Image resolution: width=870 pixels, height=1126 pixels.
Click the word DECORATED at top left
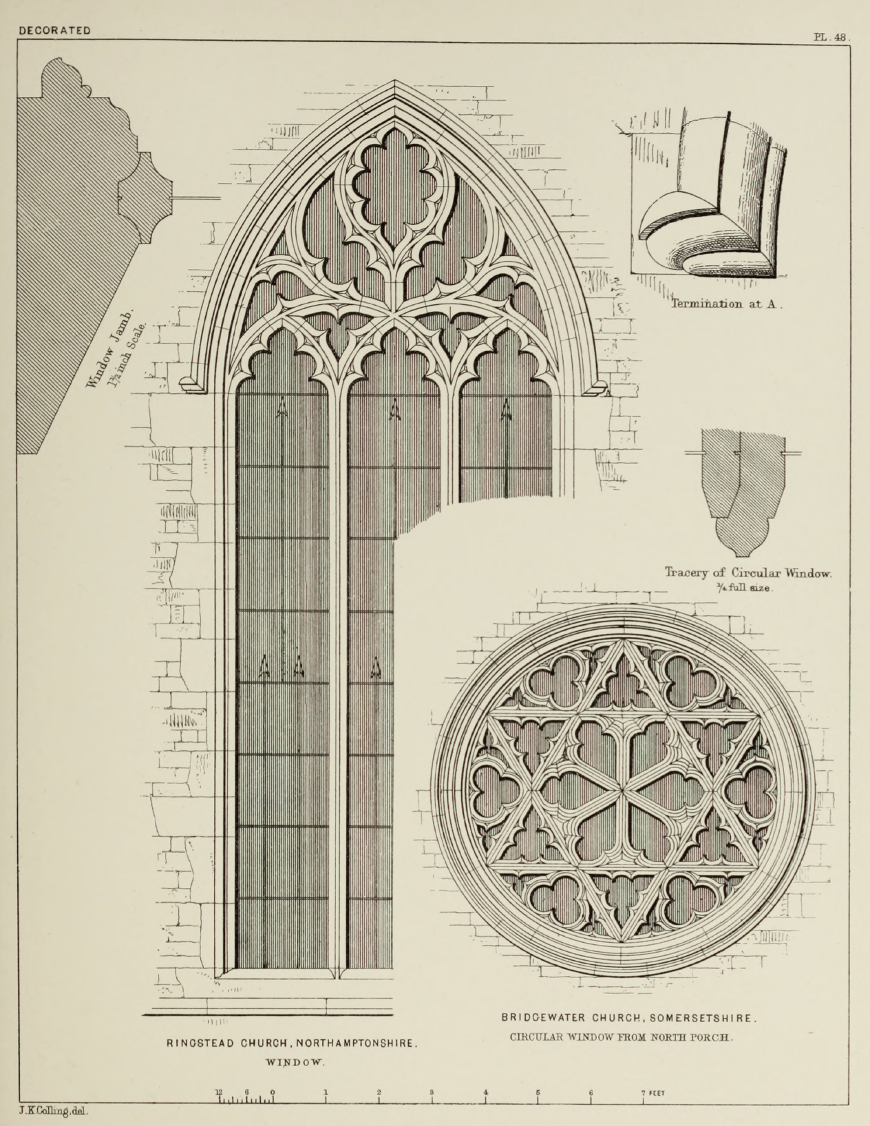[55, 30]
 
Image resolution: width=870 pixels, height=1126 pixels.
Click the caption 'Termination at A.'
[726, 304]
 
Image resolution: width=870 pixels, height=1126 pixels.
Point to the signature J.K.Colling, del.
[56, 1111]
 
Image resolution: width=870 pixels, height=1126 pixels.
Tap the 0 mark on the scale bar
[273, 1093]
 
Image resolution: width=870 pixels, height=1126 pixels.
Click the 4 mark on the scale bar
[485, 1093]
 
